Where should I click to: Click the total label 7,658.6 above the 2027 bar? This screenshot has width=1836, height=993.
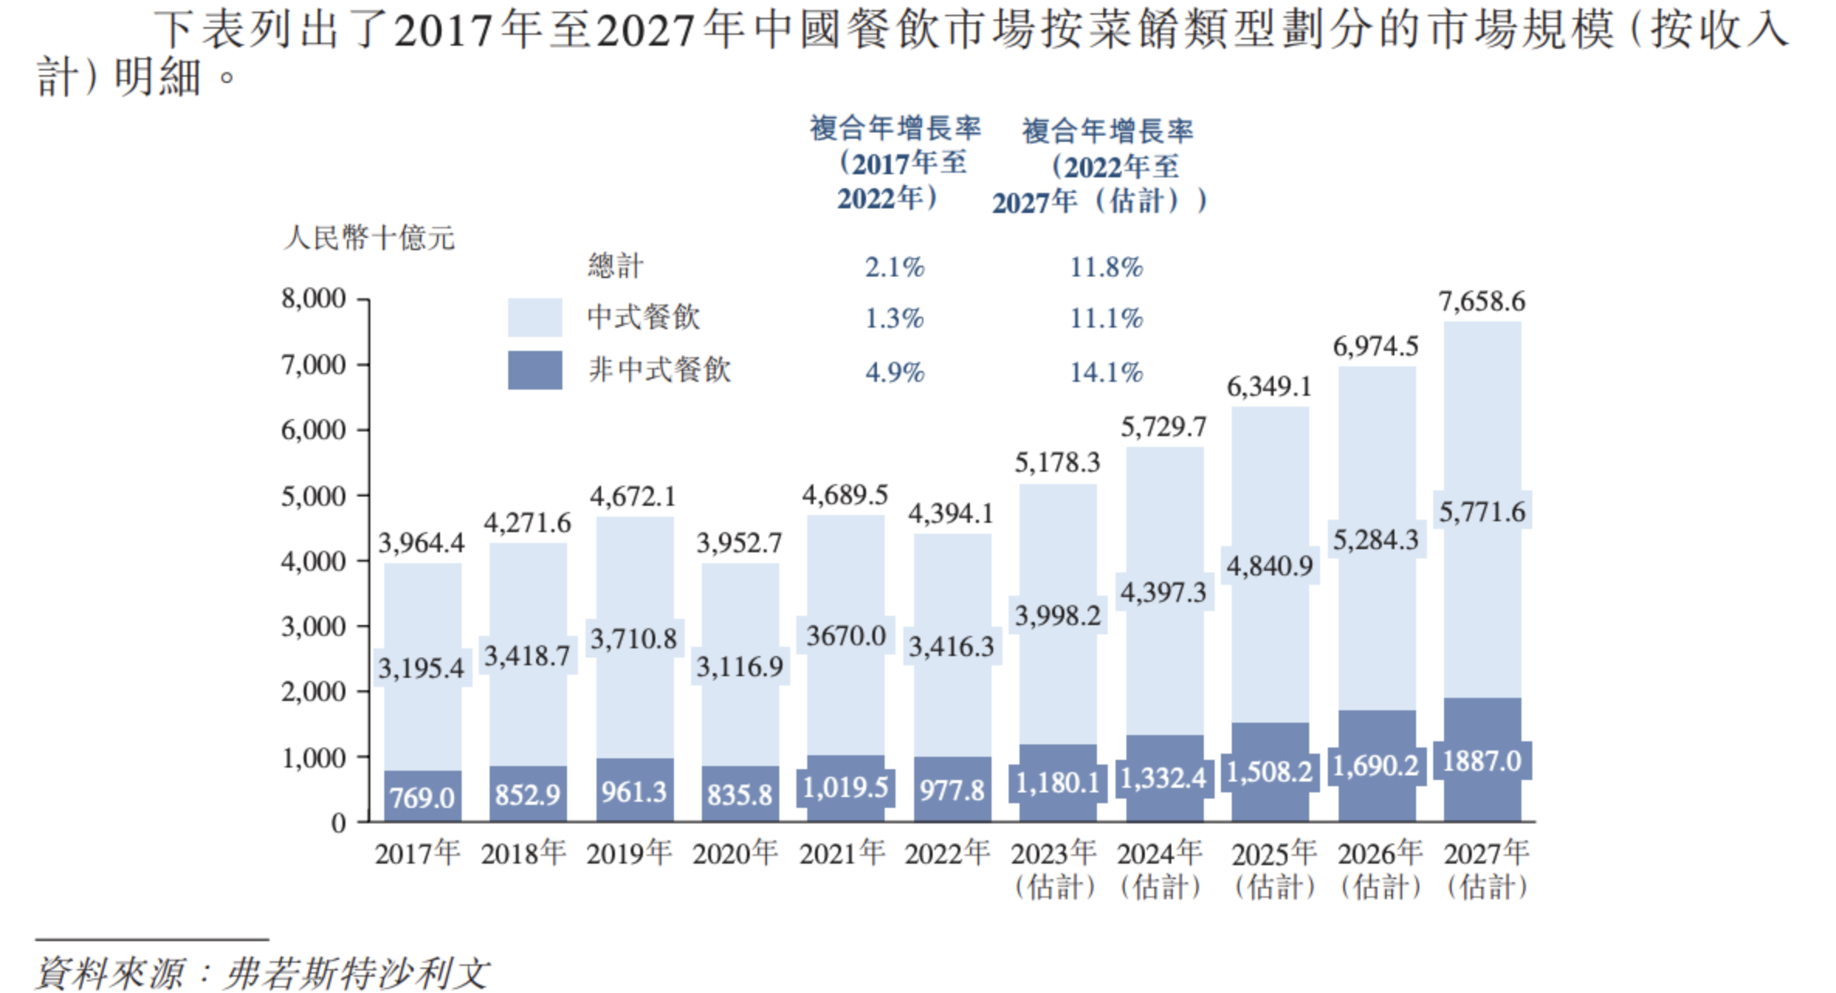[1481, 301]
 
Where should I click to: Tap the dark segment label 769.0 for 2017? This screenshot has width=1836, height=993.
[421, 797]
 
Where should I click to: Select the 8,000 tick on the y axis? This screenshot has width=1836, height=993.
[313, 298]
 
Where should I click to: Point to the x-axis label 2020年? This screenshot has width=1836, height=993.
[734, 854]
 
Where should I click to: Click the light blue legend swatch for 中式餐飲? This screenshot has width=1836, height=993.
[535, 318]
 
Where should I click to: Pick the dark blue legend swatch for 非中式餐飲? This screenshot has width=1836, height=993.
[535, 370]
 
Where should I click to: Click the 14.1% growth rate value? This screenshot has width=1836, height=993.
[1105, 373]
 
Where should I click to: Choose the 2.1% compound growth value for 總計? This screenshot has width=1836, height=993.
[894, 267]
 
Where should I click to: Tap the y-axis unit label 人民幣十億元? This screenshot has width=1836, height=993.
[369, 238]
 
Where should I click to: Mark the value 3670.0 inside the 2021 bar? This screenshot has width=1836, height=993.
[845, 636]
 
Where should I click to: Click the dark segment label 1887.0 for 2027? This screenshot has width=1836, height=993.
[1481, 761]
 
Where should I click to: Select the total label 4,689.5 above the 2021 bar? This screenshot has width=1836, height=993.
[844, 495]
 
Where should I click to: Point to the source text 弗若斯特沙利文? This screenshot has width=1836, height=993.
[356, 973]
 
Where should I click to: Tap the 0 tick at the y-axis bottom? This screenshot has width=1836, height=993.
[338, 823]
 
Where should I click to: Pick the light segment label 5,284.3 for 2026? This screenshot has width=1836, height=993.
[1375, 540]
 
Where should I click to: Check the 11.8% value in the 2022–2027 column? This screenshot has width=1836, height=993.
[1105, 267]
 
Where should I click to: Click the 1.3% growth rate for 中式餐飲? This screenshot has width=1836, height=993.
[894, 318]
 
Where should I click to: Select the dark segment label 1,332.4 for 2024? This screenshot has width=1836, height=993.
[1163, 778]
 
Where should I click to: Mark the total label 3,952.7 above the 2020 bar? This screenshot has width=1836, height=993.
[738, 543]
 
